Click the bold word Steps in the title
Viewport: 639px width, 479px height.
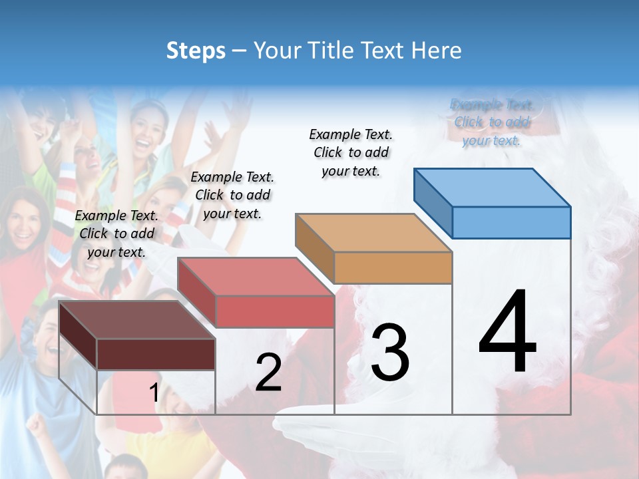[196, 51]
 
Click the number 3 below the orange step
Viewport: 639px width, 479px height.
[390, 352]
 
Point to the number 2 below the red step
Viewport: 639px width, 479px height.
[268, 373]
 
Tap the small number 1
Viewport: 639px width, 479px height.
[154, 393]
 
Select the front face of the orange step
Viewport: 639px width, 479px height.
[393, 267]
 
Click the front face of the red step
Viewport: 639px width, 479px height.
[274, 311]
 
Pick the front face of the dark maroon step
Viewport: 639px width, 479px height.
[156, 354]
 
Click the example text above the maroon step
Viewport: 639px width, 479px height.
[116, 234]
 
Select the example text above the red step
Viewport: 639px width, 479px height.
[232, 195]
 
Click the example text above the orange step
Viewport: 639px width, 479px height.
[351, 152]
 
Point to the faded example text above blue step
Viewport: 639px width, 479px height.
[492, 122]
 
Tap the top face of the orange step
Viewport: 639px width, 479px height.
[373, 233]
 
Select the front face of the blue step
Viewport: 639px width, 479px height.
[511, 222]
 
